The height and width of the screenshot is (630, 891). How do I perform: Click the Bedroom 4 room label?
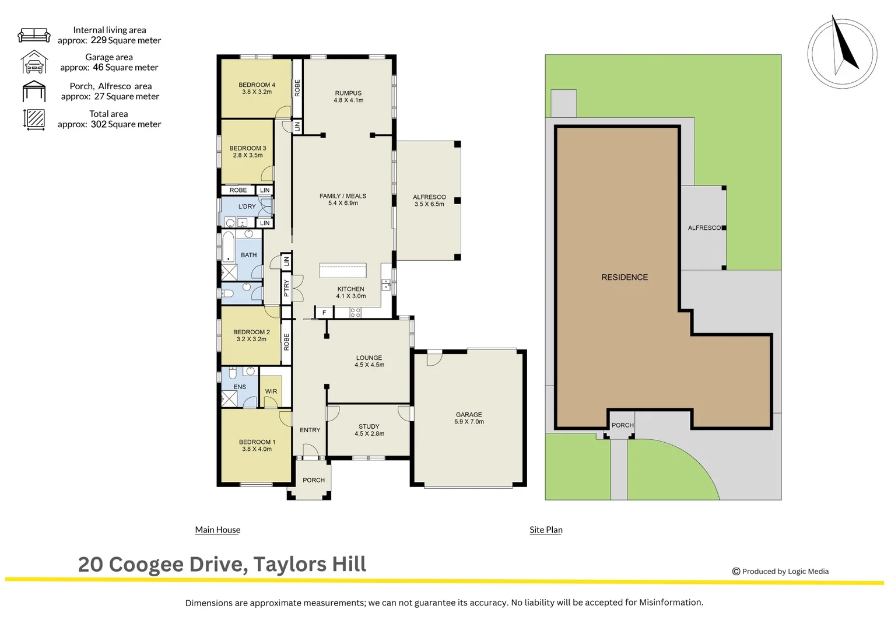[x=257, y=88]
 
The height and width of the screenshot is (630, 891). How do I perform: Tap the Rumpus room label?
[x=348, y=96]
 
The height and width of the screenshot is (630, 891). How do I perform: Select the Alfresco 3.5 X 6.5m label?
[x=429, y=201]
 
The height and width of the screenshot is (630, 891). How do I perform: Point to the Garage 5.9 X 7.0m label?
[x=469, y=418]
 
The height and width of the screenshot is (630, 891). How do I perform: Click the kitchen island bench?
[x=343, y=270]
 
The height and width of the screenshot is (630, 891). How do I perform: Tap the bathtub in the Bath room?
[x=228, y=247]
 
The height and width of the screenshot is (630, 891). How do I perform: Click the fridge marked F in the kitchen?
[x=324, y=313]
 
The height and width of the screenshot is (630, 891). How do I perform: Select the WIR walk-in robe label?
[x=271, y=391]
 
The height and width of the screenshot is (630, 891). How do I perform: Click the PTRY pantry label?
[x=286, y=288]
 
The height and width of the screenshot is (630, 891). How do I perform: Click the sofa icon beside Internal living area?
[x=34, y=35]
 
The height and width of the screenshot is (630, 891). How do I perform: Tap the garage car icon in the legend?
[x=34, y=62]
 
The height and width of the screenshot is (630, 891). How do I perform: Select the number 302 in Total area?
[x=99, y=124]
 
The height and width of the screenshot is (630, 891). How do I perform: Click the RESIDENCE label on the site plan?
[x=625, y=277]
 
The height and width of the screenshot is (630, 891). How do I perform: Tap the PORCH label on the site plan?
[x=622, y=425]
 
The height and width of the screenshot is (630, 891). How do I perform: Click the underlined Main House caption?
[x=218, y=530]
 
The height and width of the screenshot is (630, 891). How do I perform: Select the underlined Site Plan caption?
[x=546, y=530]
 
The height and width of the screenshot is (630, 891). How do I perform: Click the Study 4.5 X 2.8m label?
[x=369, y=430]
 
